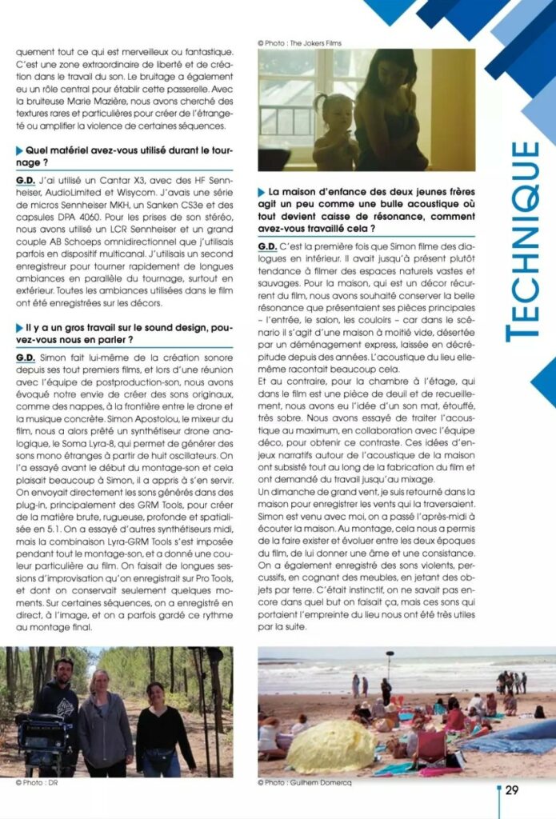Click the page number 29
(x=512, y=790)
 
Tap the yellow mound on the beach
(x=330, y=746)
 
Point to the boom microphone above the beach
(x=390, y=656)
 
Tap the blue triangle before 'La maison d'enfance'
(x=262, y=193)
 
